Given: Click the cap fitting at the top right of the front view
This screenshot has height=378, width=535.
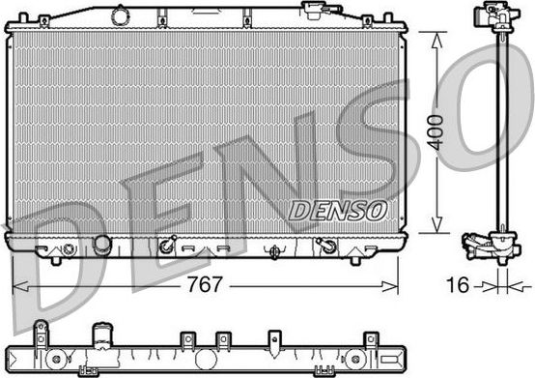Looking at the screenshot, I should [x=316, y=10].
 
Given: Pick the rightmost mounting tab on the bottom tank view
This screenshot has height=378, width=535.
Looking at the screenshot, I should [x=370, y=339].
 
